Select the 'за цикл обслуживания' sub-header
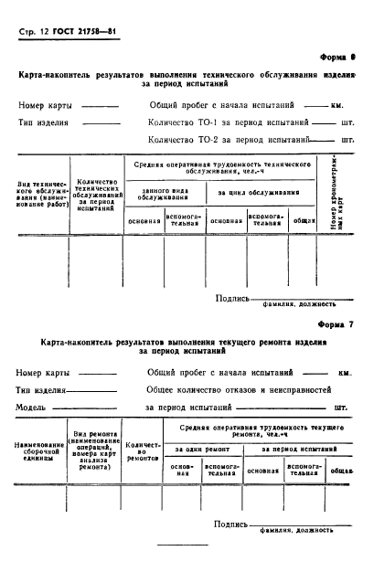point(258,193)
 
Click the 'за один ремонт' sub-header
point(202,450)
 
